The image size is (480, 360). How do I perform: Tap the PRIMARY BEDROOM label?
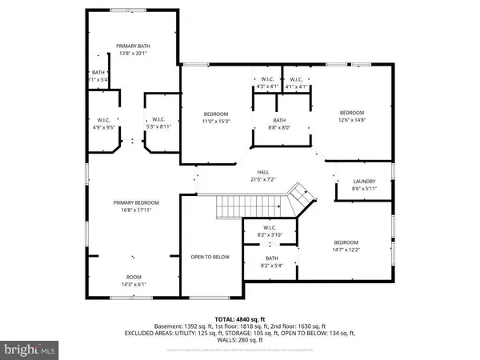[x=135, y=202]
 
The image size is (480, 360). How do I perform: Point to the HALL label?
[x=263, y=171]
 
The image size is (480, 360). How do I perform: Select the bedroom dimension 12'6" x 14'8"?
[x=352, y=120]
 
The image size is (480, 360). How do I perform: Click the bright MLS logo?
[x=30, y=349]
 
